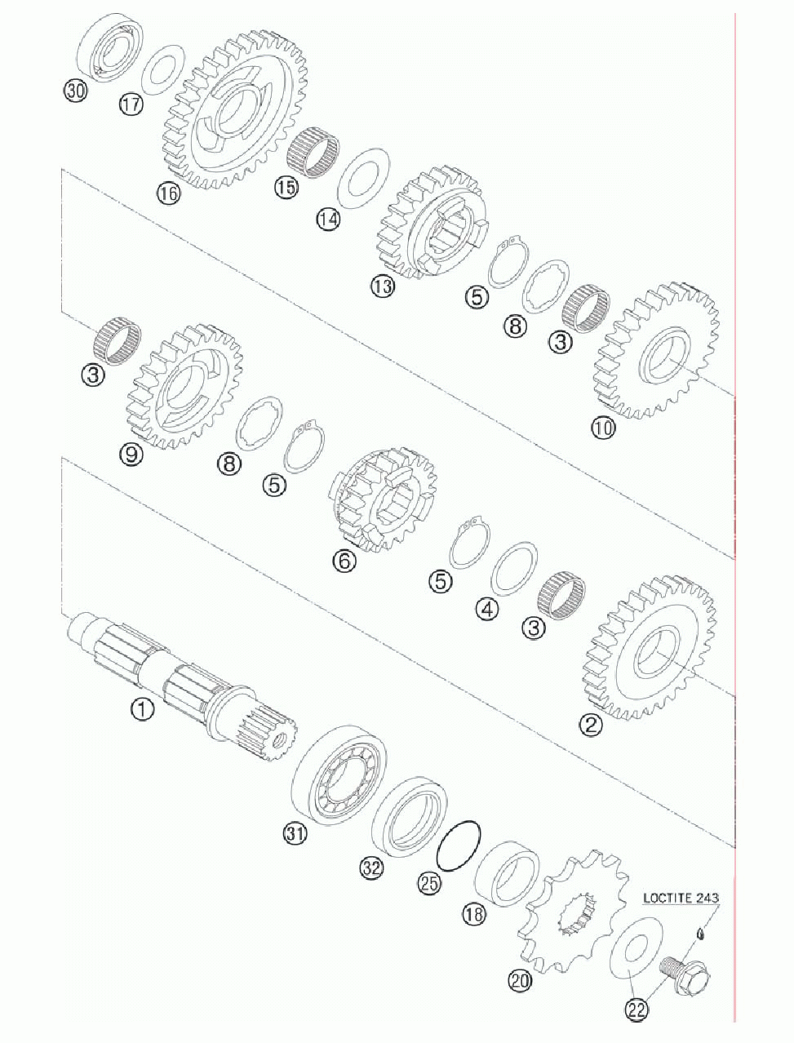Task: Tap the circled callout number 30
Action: point(76,91)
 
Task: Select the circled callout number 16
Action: point(169,193)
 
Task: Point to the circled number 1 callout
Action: point(143,710)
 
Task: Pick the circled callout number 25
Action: point(428,883)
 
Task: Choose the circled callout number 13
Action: point(383,286)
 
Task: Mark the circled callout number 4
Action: point(487,609)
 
